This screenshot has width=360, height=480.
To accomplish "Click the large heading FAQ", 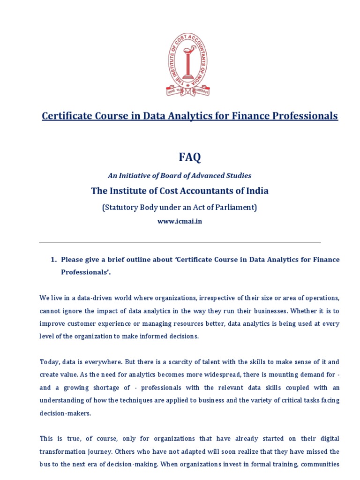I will pyautogui.click(x=189, y=157).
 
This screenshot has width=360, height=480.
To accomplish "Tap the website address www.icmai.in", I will pyautogui.click(x=180, y=221).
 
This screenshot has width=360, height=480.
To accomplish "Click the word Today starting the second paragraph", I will pyautogui.click(x=49, y=362).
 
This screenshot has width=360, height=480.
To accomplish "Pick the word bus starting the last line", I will pyautogui.click(x=45, y=465).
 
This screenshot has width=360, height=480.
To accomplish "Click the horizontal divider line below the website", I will pyautogui.click(x=180, y=242).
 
